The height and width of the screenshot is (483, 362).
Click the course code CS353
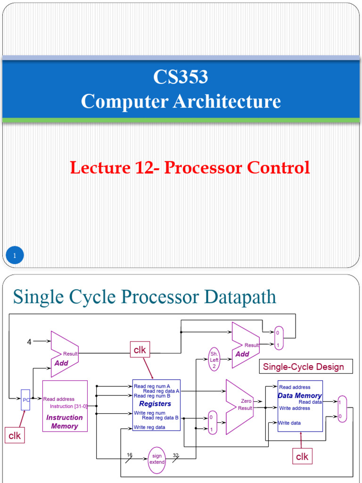pyautogui.click(x=181, y=77)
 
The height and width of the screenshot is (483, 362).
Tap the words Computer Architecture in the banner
pyautogui.click(x=181, y=101)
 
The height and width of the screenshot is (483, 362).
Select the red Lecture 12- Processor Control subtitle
pyautogui.click(x=190, y=167)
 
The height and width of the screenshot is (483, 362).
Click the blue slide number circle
pyautogui.click(x=15, y=256)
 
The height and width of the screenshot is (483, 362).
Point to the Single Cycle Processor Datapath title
pyautogui.click(x=144, y=297)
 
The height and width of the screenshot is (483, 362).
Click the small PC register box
pyautogui.click(x=25, y=400)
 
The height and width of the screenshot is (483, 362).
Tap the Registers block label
pyautogui.click(x=155, y=404)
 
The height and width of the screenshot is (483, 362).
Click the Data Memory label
pyautogui.click(x=300, y=396)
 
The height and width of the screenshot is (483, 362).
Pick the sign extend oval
pyautogui.click(x=157, y=459)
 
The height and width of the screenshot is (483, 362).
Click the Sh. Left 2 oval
pyautogui.click(x=214, y=360)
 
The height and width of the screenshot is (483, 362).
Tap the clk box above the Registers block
pyautogui.click(x=140, y=350)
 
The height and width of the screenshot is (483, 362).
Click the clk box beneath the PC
pyautogui.click(x=15, y=435)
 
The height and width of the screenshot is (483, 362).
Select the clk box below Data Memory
pyautogui.click(x=302, y=456)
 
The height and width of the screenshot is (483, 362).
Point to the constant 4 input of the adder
pyautogui.click(x=29, y=342)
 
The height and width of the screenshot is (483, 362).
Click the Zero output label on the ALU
pyautogui.click(x=246, y=401)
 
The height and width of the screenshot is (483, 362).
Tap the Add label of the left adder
pyautogui.click(x=61, y=363)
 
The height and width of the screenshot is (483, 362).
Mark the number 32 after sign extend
pyautogui.click(x=176, y=455)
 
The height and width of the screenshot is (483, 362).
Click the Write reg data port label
pyautogui.click(x=149, y=427)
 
